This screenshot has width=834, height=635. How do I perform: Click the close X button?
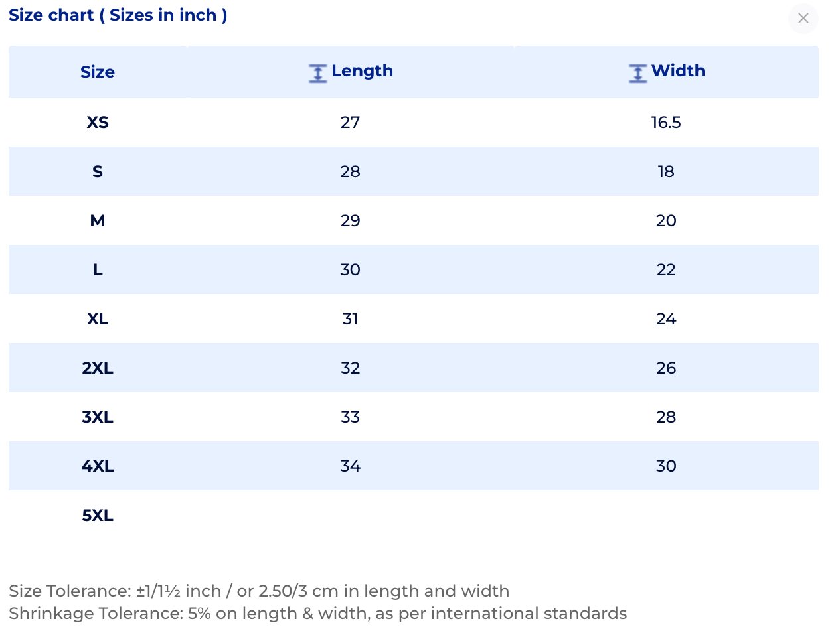pyautogui.click(x=803, y=18)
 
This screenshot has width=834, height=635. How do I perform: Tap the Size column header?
pyautogui.click(x=98, y=72)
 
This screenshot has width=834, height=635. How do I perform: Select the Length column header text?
pyautogui.click(x=362, y=71)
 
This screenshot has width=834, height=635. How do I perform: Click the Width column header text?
pyautogui.click(x=678, y=71)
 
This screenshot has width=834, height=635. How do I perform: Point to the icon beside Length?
pyautogui.click(x=318, y=73)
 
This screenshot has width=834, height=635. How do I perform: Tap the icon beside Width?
pyautogui.click(x=637, y=73)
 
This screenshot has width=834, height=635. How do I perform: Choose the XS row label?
pyautogui.click(x=98, y=122)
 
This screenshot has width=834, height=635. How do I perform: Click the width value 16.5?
pyautogui.click(x=666, y=122)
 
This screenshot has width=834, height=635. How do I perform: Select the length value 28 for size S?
pyautogui.click(x=350, y=171)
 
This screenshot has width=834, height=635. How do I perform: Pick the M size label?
pyautogui.click(x=98, y=220)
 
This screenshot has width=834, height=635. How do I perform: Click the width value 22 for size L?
pyautogui.click(x=666, y=269)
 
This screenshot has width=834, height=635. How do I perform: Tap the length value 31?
pyautogui.click(x=350, y=318)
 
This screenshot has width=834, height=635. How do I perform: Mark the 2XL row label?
pyautogui.click(x=98, y=368)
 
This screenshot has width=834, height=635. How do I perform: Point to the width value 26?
pyautogui.click(x=666, y=368)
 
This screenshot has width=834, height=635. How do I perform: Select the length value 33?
pyautogui.click(x=350, y=417)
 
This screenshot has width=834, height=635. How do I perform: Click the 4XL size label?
pyautogui.click(x=98, y=466)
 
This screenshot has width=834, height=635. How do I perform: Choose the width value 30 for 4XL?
pyautogui.click(x=666, y=466)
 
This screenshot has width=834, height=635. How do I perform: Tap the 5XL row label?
pyautogui.click(x=98, y=515)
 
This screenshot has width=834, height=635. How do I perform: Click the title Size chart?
pyautogui.click(x=51, y=15)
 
